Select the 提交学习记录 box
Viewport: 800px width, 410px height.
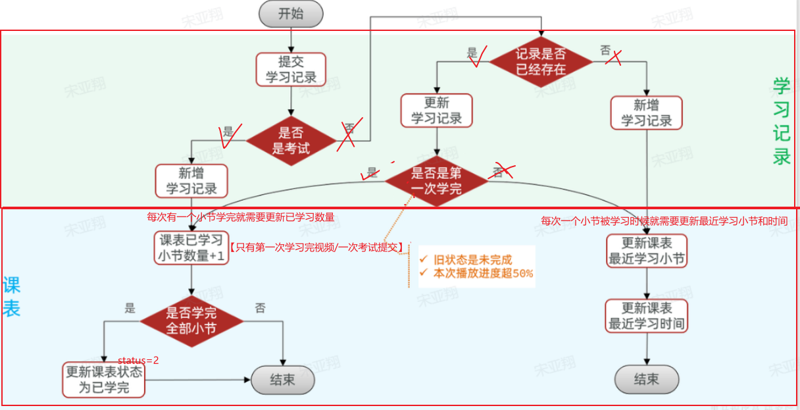pos(291,70)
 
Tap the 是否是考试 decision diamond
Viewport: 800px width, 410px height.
pos(291,140)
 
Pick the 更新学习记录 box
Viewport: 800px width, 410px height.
pos(436,110)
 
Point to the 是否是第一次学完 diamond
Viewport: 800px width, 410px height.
pos(436,181)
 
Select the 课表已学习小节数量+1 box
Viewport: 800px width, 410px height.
pos(191,248)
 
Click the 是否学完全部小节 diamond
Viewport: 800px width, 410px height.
pos(191,320)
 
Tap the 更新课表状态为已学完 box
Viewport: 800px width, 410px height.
pos(103,380)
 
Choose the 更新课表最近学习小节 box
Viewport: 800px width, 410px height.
pos(647,251)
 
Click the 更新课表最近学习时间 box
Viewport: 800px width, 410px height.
pos(647,316)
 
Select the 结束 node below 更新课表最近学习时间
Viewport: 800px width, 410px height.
pos(646,379)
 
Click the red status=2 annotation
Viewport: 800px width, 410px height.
pos(138,361)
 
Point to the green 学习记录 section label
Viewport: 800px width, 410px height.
pos(782,122)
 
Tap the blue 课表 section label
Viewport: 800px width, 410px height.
pos(11,297)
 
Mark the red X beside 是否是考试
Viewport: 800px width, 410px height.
pos(346,136)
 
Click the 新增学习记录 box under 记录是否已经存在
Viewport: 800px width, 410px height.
pos(646,113)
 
